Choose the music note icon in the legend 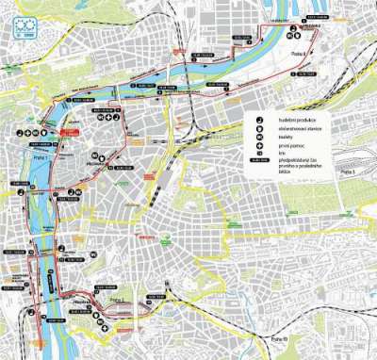(257, 120)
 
